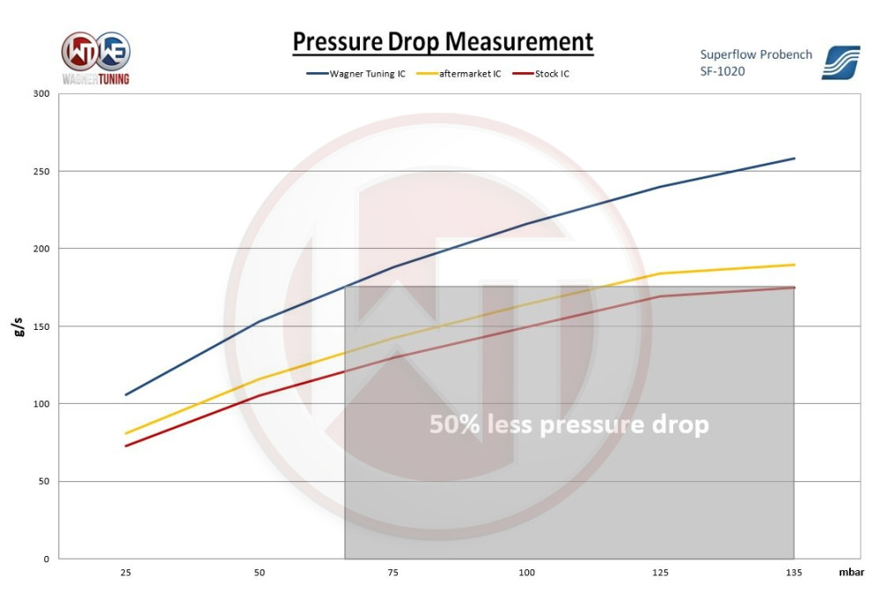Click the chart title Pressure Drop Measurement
[443, 41]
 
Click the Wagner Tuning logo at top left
[96, 58]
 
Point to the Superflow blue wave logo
[840, 62]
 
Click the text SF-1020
[722, 71]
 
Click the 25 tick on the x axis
[126, 573]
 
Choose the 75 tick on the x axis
[393, 573]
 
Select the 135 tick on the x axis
[795, 573]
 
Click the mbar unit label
[850, 573]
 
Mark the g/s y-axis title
[18, 327]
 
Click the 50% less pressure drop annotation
[568, 425]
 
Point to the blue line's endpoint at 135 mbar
[795, 158]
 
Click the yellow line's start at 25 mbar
[126, 433]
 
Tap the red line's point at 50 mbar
[260, 395]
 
